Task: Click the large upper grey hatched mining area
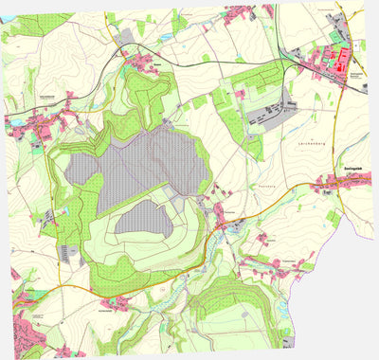[x=142, y=166]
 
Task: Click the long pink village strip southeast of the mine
[x=275, y=262]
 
